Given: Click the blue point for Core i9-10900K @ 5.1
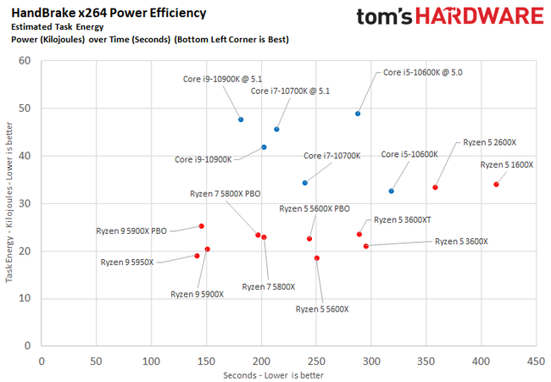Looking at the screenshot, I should pos(241,119).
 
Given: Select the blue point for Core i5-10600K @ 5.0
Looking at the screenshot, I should pos(358,113).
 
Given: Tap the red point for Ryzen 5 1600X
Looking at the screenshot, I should pos(496,184).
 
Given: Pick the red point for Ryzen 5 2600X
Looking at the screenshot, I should pos(435,187).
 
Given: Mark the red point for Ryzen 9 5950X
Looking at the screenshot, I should pos(197,256).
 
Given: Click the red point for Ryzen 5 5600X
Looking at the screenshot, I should pos(317,257).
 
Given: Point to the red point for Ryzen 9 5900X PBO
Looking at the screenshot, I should pos(201,226).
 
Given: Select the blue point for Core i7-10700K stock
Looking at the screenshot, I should pos(305,182).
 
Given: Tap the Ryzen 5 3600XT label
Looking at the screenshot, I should pos(403,219).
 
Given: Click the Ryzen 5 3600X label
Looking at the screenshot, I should pos(461,241).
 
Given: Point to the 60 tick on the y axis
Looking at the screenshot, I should pos(25,61).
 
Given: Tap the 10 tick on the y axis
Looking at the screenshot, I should pos(25,298).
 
